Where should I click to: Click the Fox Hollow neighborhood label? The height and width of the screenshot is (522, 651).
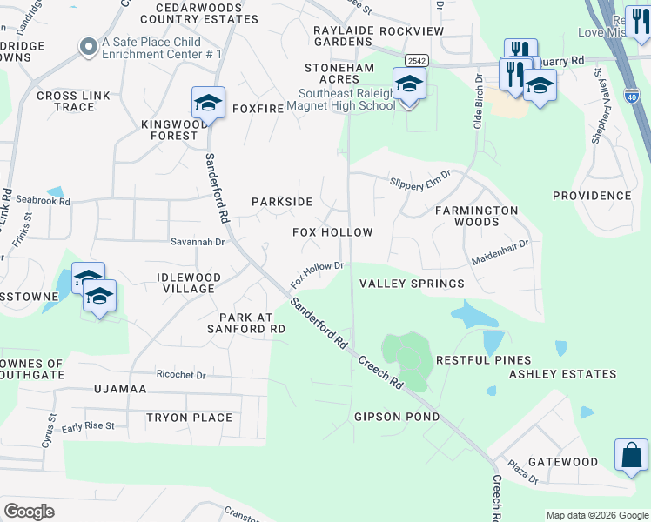tap(332, 233)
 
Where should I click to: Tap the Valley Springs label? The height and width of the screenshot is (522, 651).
tap(412, 284)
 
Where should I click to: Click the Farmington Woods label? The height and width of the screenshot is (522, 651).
tap(476, 216)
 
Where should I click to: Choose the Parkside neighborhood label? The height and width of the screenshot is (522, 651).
tap(282, 202)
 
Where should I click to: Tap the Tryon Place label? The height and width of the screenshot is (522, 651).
tap(189, 418)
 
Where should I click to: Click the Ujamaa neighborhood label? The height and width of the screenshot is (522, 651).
tap(120, 389)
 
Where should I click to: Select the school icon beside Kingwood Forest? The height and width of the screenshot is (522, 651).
tap(208, 103)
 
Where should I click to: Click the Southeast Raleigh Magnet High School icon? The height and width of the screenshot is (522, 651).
tap(408, 84)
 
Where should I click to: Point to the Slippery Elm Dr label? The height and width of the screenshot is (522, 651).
tap(420, 177)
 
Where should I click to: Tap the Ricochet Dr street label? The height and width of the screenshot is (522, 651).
tap(181, 375)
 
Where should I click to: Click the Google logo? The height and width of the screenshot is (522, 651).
tap(30, 512)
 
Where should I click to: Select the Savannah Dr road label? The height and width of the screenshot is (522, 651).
tap(198, 243)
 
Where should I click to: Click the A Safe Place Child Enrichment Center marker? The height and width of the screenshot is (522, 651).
tap(87, 48)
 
